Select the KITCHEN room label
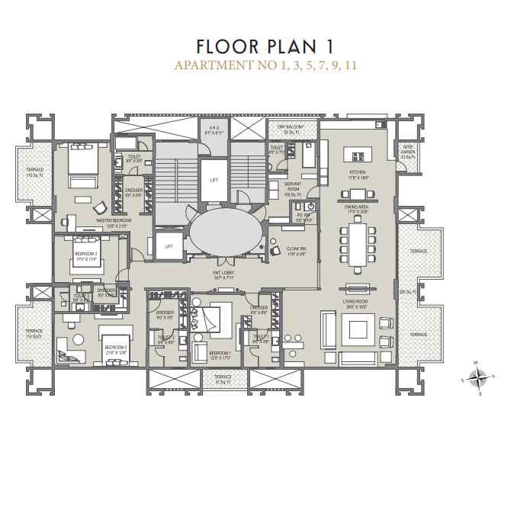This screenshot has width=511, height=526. coord(357,174)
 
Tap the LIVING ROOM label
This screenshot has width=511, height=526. coord(356,303)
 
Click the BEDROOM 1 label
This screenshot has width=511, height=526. coord(220,354)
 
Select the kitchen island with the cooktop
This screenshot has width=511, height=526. coord(355,154)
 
